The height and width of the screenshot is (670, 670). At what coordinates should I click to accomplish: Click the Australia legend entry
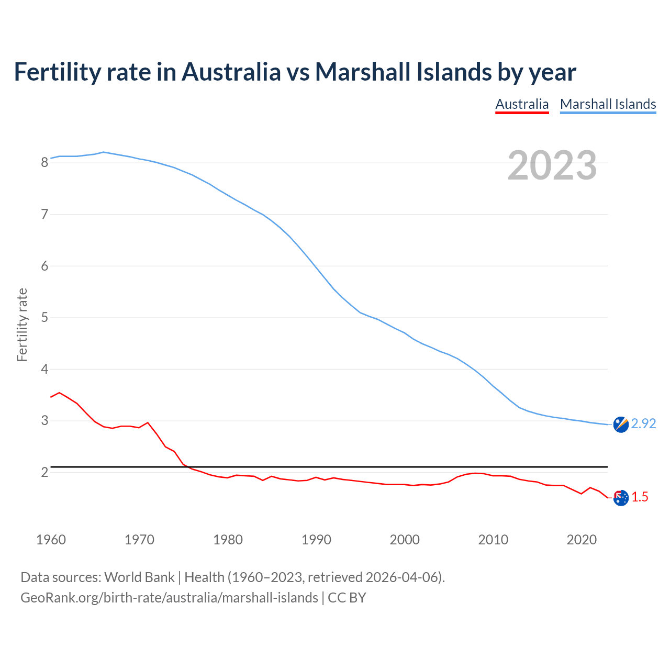522,104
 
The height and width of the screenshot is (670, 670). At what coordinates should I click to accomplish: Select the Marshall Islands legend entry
608,104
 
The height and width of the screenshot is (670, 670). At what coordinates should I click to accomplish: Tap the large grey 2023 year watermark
552,165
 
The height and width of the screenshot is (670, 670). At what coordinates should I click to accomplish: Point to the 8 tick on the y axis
44,163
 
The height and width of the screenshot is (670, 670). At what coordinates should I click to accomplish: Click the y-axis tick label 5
44,318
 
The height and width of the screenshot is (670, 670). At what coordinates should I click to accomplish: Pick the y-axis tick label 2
44,473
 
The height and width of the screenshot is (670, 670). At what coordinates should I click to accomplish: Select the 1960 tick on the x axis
51,540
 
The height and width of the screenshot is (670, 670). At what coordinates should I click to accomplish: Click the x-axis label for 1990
316,540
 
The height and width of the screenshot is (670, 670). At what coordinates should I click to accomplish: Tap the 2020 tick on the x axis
582,540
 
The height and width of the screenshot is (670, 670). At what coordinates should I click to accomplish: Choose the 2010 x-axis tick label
493,540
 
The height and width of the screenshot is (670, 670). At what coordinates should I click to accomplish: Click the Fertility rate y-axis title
22,325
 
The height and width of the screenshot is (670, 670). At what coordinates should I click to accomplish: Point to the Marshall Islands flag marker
621,424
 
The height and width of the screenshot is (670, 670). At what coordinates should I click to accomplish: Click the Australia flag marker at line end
621,498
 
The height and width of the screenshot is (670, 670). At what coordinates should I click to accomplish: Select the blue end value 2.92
643,424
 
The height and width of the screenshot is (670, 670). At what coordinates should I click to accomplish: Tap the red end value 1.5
640,497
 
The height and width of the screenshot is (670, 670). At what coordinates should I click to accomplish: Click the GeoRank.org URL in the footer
169,598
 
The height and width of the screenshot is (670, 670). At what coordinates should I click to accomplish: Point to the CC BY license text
347,598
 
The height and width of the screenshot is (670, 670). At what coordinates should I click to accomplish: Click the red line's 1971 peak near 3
148,422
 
